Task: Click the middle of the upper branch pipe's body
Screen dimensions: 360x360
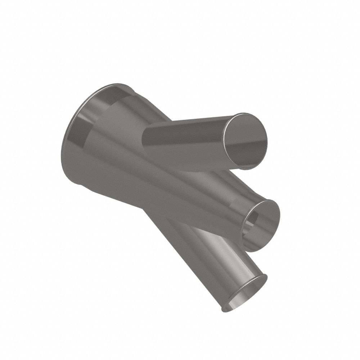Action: point(187,142)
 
